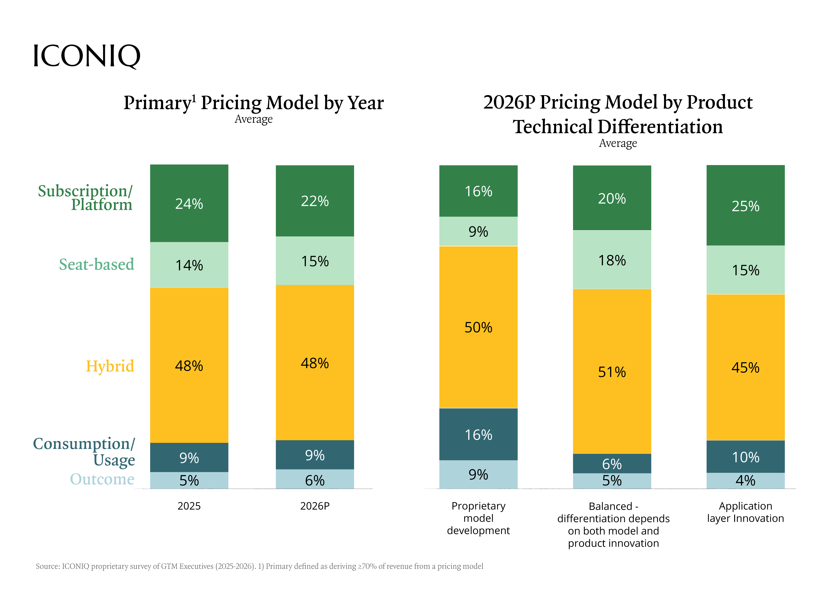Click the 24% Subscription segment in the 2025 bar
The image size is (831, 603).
point(189,203)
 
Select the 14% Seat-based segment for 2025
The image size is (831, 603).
point(189,265)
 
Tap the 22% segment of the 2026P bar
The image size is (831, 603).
point(315,201)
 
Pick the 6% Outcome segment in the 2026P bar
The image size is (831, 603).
point(315,480)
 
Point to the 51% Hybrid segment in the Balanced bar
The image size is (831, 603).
point(612,372)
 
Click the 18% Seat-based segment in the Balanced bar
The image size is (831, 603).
point(612,260)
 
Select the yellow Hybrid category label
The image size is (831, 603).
point(110,366)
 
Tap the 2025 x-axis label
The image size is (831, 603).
point(189,506)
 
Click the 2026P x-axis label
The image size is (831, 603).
point(315,506)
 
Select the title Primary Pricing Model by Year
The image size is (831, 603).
point(254,103)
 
